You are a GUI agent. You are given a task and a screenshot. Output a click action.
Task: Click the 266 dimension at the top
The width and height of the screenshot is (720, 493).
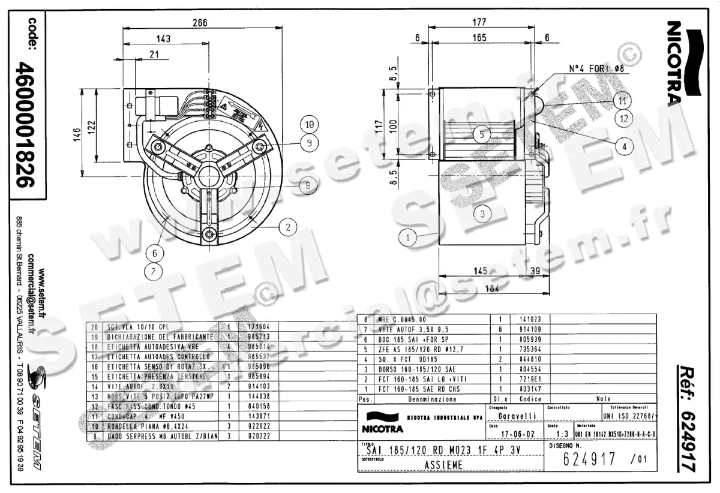[200, 23]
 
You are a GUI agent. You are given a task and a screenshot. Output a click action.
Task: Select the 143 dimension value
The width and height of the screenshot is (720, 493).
[163, 39]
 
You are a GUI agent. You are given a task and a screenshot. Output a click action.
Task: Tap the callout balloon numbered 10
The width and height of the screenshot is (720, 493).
[308, 125]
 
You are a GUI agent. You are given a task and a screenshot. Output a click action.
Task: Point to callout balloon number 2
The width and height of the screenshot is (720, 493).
[288, 227]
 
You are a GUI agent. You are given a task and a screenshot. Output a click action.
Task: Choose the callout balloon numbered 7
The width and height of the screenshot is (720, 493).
[154, 271]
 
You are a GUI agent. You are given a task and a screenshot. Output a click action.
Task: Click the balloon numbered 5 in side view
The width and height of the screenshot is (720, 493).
[482, 134]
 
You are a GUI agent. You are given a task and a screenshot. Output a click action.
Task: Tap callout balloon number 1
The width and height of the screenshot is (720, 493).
[408, 238]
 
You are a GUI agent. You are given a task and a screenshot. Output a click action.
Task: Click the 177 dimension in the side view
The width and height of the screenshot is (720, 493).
[478, 23]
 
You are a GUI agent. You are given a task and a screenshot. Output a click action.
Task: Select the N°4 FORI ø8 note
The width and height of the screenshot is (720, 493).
[596, 68]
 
